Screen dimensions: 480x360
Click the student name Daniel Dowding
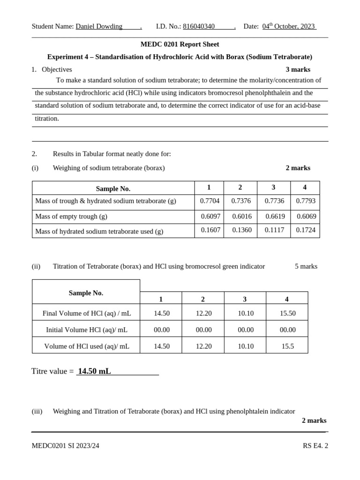pos(99,26)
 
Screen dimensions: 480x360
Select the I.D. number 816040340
pos(199,26)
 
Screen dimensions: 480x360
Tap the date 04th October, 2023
pos(288,26)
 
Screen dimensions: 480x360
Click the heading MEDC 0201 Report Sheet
pos(180,44)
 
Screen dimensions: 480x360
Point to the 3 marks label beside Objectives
pos(298,69)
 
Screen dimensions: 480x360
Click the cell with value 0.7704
pos(210,201)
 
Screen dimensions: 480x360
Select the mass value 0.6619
pos(275,216)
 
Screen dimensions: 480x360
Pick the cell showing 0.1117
pos(274,230)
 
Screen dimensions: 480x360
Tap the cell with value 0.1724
pos(306,230)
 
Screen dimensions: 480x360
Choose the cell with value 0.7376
pos(241,201)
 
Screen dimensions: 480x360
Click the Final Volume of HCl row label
pos(87,313)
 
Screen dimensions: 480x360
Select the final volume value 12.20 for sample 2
pos(203,313)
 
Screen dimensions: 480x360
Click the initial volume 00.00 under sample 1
pos(162,330)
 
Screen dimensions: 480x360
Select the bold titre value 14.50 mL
pos(94,371)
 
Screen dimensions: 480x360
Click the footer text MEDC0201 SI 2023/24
pos(65,446)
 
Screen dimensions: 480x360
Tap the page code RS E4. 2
pos(315,446)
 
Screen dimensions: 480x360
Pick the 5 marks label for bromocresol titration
pos(306,266)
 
